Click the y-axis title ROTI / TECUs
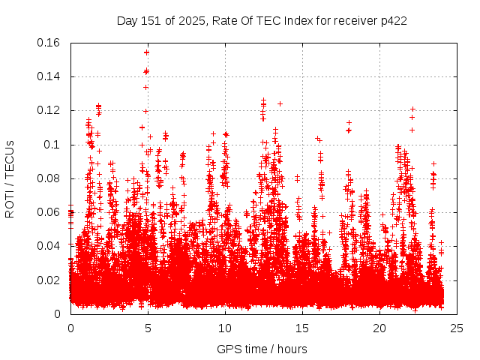pyautogui.click(x=10, y=178)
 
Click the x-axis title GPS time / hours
pyautogui.click(x=262, y=349)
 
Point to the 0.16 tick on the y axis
pyautogui.click(x=49, y=43)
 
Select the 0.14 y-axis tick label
pyautogui.click(x=49, y=76)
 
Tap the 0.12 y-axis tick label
pyautogui.click(x=49, y=110)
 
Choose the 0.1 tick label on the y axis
pyautogui.click(x=52, y=145)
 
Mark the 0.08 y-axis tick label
pyautogui.click(x=49, y=178)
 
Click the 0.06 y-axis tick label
pyautogui.click(x=49, y=212)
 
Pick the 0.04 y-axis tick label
pyautogui.click(x=49, y=246)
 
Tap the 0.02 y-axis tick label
pyautogui.click(x=49, y=280)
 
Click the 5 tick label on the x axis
pyautogui.click(x=148, y=328)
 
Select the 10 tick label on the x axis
pyautogui.click(x=225, y=328)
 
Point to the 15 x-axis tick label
pyautogui.click(x=302, y=328)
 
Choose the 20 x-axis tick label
pyautogui.click(x=379, y=328)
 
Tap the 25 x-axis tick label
pyautogui.click(x=457, y=328)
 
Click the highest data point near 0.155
pyautogui.click(x=147, y=52)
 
